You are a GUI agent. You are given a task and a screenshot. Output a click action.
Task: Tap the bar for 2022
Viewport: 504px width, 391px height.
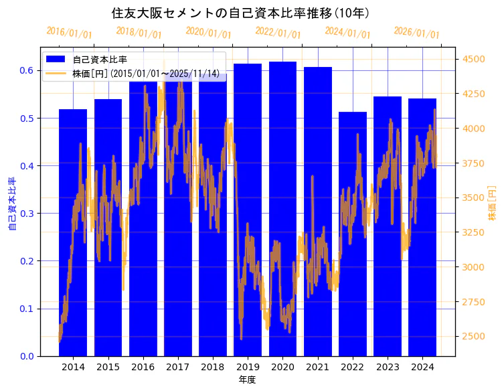coord(353,234)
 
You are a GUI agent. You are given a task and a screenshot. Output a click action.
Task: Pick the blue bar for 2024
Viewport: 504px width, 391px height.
coord(422,227)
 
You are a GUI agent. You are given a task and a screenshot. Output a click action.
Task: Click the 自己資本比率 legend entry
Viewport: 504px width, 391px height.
coord(100,59)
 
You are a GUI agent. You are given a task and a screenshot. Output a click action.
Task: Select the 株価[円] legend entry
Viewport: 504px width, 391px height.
coord(145,73)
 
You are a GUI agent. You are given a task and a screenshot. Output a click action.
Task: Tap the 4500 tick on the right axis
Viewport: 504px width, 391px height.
coord(474,59)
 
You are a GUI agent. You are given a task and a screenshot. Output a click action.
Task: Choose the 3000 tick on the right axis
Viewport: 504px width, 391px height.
coord(474,267)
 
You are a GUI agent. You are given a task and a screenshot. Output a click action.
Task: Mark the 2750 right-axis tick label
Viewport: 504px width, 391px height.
coord(474,302)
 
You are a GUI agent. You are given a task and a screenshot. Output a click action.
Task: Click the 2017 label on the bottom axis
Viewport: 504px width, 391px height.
coord(178,368)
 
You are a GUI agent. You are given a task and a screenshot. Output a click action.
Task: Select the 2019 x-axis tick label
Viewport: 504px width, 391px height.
coord(248,368)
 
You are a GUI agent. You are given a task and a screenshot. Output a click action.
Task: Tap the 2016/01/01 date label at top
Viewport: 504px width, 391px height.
coord(69,33)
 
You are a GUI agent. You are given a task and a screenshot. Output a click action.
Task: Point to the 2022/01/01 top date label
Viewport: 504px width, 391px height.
coord(278,33)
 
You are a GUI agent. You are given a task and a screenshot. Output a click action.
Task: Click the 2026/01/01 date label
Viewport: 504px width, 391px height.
coord(416,33)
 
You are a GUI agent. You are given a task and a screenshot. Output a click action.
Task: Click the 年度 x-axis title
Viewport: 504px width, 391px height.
coord(248,380)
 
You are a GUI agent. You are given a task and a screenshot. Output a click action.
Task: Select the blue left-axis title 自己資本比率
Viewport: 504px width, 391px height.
coord(12,204)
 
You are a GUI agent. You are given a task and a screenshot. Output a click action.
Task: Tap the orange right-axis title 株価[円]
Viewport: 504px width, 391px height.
coord(492,204)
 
